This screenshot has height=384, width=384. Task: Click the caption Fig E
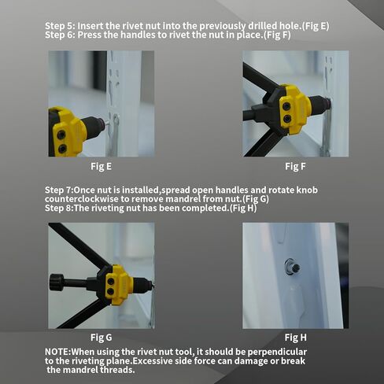pos(101,166)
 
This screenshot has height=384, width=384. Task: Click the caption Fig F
pos(295,166)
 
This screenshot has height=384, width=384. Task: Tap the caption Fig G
pos(101,338)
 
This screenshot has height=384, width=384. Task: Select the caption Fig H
pos(296,338)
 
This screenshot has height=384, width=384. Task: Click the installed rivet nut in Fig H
pos(292,268)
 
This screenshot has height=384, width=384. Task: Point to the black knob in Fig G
pos(57,282)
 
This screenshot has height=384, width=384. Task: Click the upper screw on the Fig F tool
pos(286,106)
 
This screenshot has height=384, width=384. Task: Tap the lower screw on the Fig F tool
pos(287,119)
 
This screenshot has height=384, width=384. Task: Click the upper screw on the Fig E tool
pos(61,135)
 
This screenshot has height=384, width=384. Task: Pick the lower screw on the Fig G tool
pos(111,291)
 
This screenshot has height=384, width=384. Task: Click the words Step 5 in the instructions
pos(60,26)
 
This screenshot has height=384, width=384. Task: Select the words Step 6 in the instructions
pos(60,35)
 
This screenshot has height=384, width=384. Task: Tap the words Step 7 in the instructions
pos(59,190)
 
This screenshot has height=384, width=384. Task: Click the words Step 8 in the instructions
pos(59,208)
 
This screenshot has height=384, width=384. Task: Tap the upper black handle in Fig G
pos(79,245)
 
